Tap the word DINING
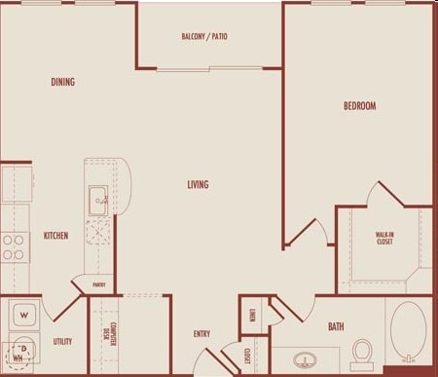pos(63,83)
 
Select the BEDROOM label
pos(359,106)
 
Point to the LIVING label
pos(199,184)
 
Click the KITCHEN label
pos(55,236)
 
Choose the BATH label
pos(337,327)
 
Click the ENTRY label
pos(201,334)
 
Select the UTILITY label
pos(62,342)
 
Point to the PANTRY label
pos(99,285)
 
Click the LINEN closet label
pos(251,314)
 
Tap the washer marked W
pos(24,314)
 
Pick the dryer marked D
pos(22,348)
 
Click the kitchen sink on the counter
pos(99,201)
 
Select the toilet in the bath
pos(364,352)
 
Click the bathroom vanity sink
pos(307,360)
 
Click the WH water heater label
pos(17,358)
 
